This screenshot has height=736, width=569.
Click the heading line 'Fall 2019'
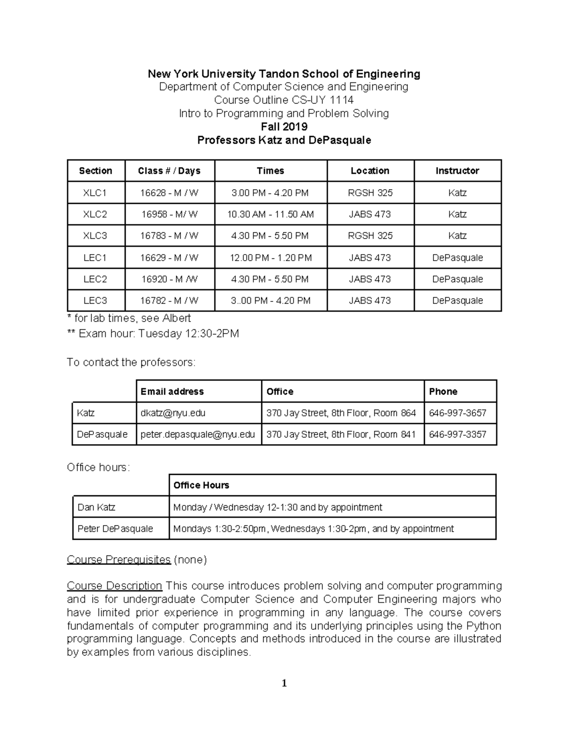tap(284, 127)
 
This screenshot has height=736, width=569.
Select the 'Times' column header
tap(270, 171)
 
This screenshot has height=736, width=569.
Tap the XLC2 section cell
tap(95, 214)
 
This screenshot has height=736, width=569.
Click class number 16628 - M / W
tap(169, 193)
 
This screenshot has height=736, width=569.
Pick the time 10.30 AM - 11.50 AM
tap(270, 214)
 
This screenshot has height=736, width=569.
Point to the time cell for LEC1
tap(270, 258)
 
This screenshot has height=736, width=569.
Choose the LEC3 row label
tap(95, 300)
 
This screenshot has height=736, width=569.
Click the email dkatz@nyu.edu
tap(173, 413)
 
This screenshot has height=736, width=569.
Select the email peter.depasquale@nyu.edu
tap(198, 434)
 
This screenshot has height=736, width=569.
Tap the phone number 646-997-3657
tap(458, 413)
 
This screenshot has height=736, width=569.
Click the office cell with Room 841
tap(341, 434)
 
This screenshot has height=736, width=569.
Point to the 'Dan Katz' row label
tap(96, 507)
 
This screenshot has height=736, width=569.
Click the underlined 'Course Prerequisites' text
tap(119, 560)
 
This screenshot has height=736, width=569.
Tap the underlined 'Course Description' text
tap(114, 586)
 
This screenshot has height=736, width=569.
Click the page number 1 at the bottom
tap(284, 683)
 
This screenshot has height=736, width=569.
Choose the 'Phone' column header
tap(443, 391)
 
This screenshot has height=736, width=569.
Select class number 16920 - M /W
tap(169, 279)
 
